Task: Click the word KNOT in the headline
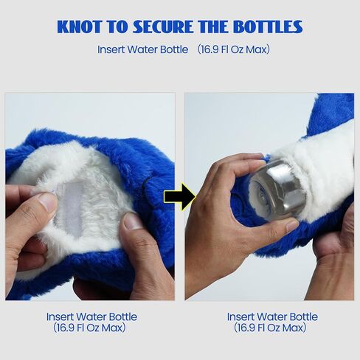point(80,27)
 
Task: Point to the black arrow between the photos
point(180,196)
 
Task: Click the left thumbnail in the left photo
point(46,202)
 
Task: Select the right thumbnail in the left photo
point(132,221)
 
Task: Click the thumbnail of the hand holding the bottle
point(291,225)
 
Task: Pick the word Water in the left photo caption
point(91,316)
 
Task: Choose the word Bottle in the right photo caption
point(303,316)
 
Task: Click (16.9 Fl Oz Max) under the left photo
point(89,328)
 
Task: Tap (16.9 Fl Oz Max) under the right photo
point(270,328)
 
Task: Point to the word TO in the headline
point(117,27)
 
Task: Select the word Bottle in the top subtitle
point(174,49)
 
